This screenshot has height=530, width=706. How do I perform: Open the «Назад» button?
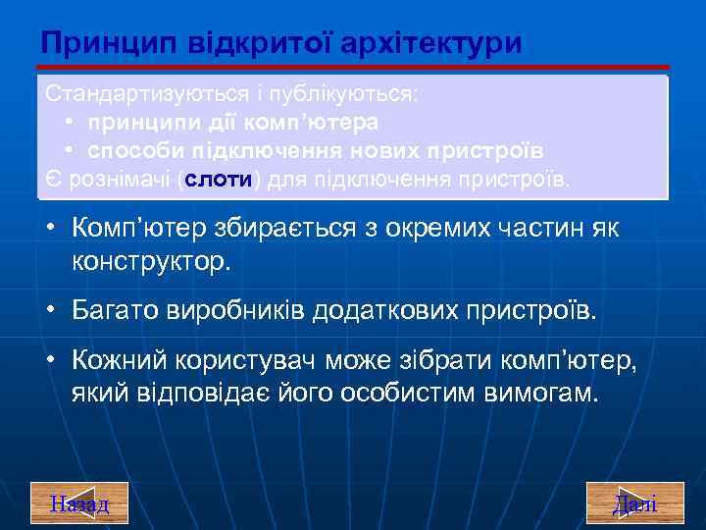pos(79,503)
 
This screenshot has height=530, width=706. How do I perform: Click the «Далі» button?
pos(634,503)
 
